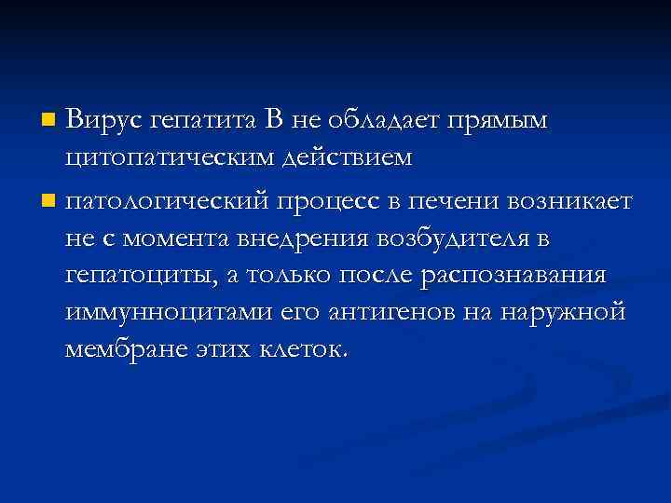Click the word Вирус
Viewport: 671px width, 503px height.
pos(106,120)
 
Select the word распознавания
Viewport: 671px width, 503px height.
pos(514,279)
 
